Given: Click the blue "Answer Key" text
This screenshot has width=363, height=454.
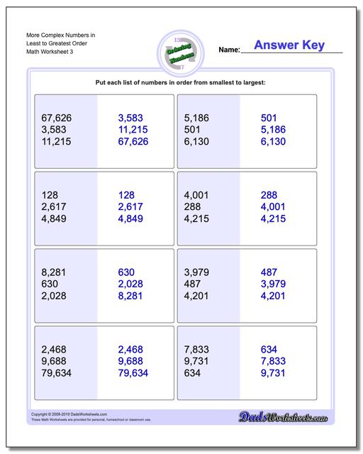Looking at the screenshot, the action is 289,45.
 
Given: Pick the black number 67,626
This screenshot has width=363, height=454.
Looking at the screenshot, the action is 57,118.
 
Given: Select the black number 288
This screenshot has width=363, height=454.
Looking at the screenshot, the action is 192,207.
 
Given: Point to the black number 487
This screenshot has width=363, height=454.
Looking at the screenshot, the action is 192,284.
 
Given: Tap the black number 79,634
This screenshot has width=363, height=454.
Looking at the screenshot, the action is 57,374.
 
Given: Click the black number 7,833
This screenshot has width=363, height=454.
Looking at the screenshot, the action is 199,350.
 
